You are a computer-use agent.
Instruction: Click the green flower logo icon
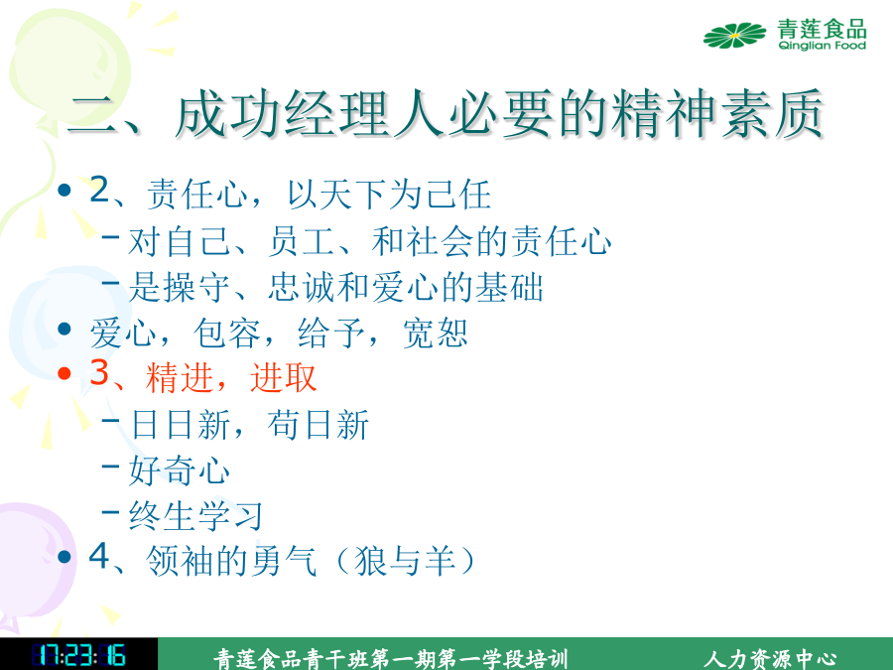(x=734, y=36)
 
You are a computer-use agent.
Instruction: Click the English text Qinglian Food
(x=822, y=46)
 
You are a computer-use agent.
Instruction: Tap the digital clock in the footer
(x=78, y=655)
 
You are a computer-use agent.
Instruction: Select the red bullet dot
(x=64, y=373)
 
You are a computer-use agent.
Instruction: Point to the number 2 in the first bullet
(x=99, y=190)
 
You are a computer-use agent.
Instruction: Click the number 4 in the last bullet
(x=99, y=556)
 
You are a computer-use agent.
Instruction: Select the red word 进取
(x=284, y=377)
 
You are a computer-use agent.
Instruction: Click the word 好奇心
(x=180, y=470)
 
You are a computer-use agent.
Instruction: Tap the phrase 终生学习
(x=195, y=515)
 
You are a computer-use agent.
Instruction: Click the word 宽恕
(x=436, y=333)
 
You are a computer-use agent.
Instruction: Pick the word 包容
(x=226, y=333)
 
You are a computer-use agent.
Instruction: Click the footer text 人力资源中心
(x=770, y=659)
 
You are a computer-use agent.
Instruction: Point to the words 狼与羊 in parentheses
(x=406, y=561)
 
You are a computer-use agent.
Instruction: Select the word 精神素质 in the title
(x=716, y=114)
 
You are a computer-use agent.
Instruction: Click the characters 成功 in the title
(x=229, y=114)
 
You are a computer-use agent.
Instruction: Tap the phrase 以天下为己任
(x=389, y=195)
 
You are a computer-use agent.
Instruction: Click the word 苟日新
(x=319, y=424)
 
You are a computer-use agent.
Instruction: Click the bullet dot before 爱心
(x=64, y=329)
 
